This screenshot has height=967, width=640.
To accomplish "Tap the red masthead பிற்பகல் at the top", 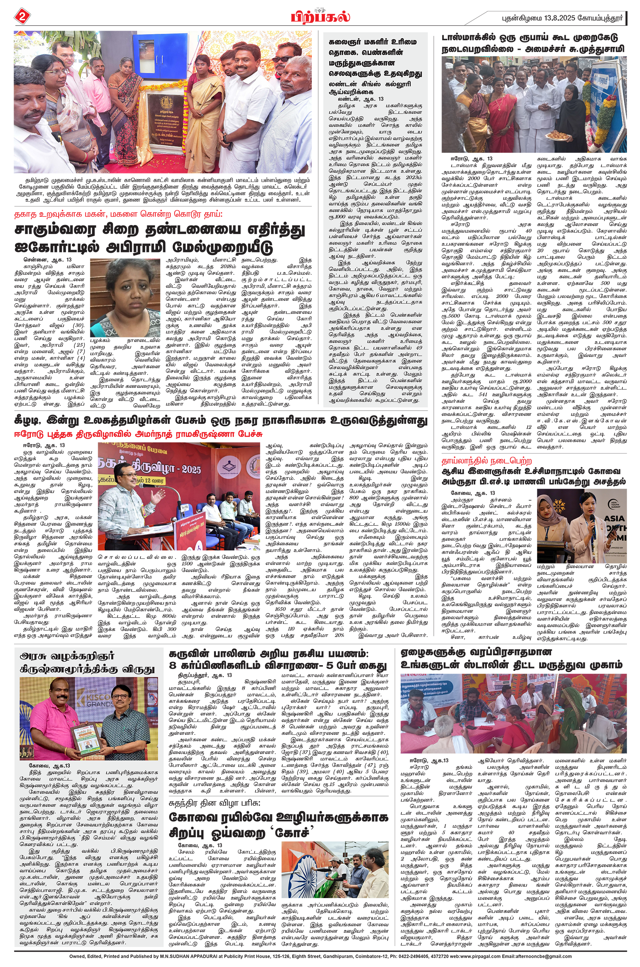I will click(x=320, y=17).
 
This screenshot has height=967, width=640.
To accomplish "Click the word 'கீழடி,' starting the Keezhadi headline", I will click(x=28, y=421).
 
